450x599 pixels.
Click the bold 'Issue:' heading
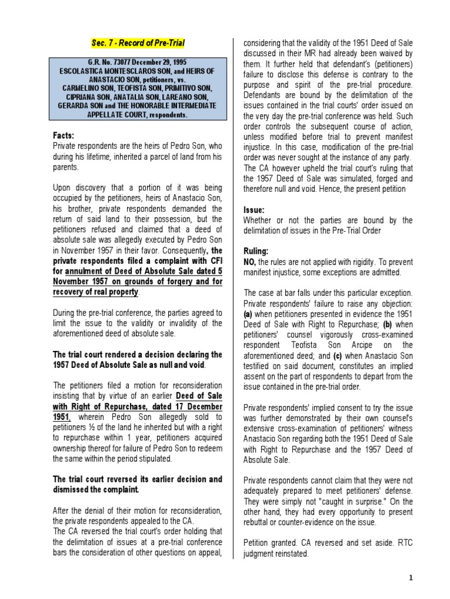[x=254, y=209]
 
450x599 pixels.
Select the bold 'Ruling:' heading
[x=257, y=250]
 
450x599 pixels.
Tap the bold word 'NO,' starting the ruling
[x=250, y=261]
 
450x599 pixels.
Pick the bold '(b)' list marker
[x=388, y=323]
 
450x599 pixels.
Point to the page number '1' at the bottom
[x=411, y=578]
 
